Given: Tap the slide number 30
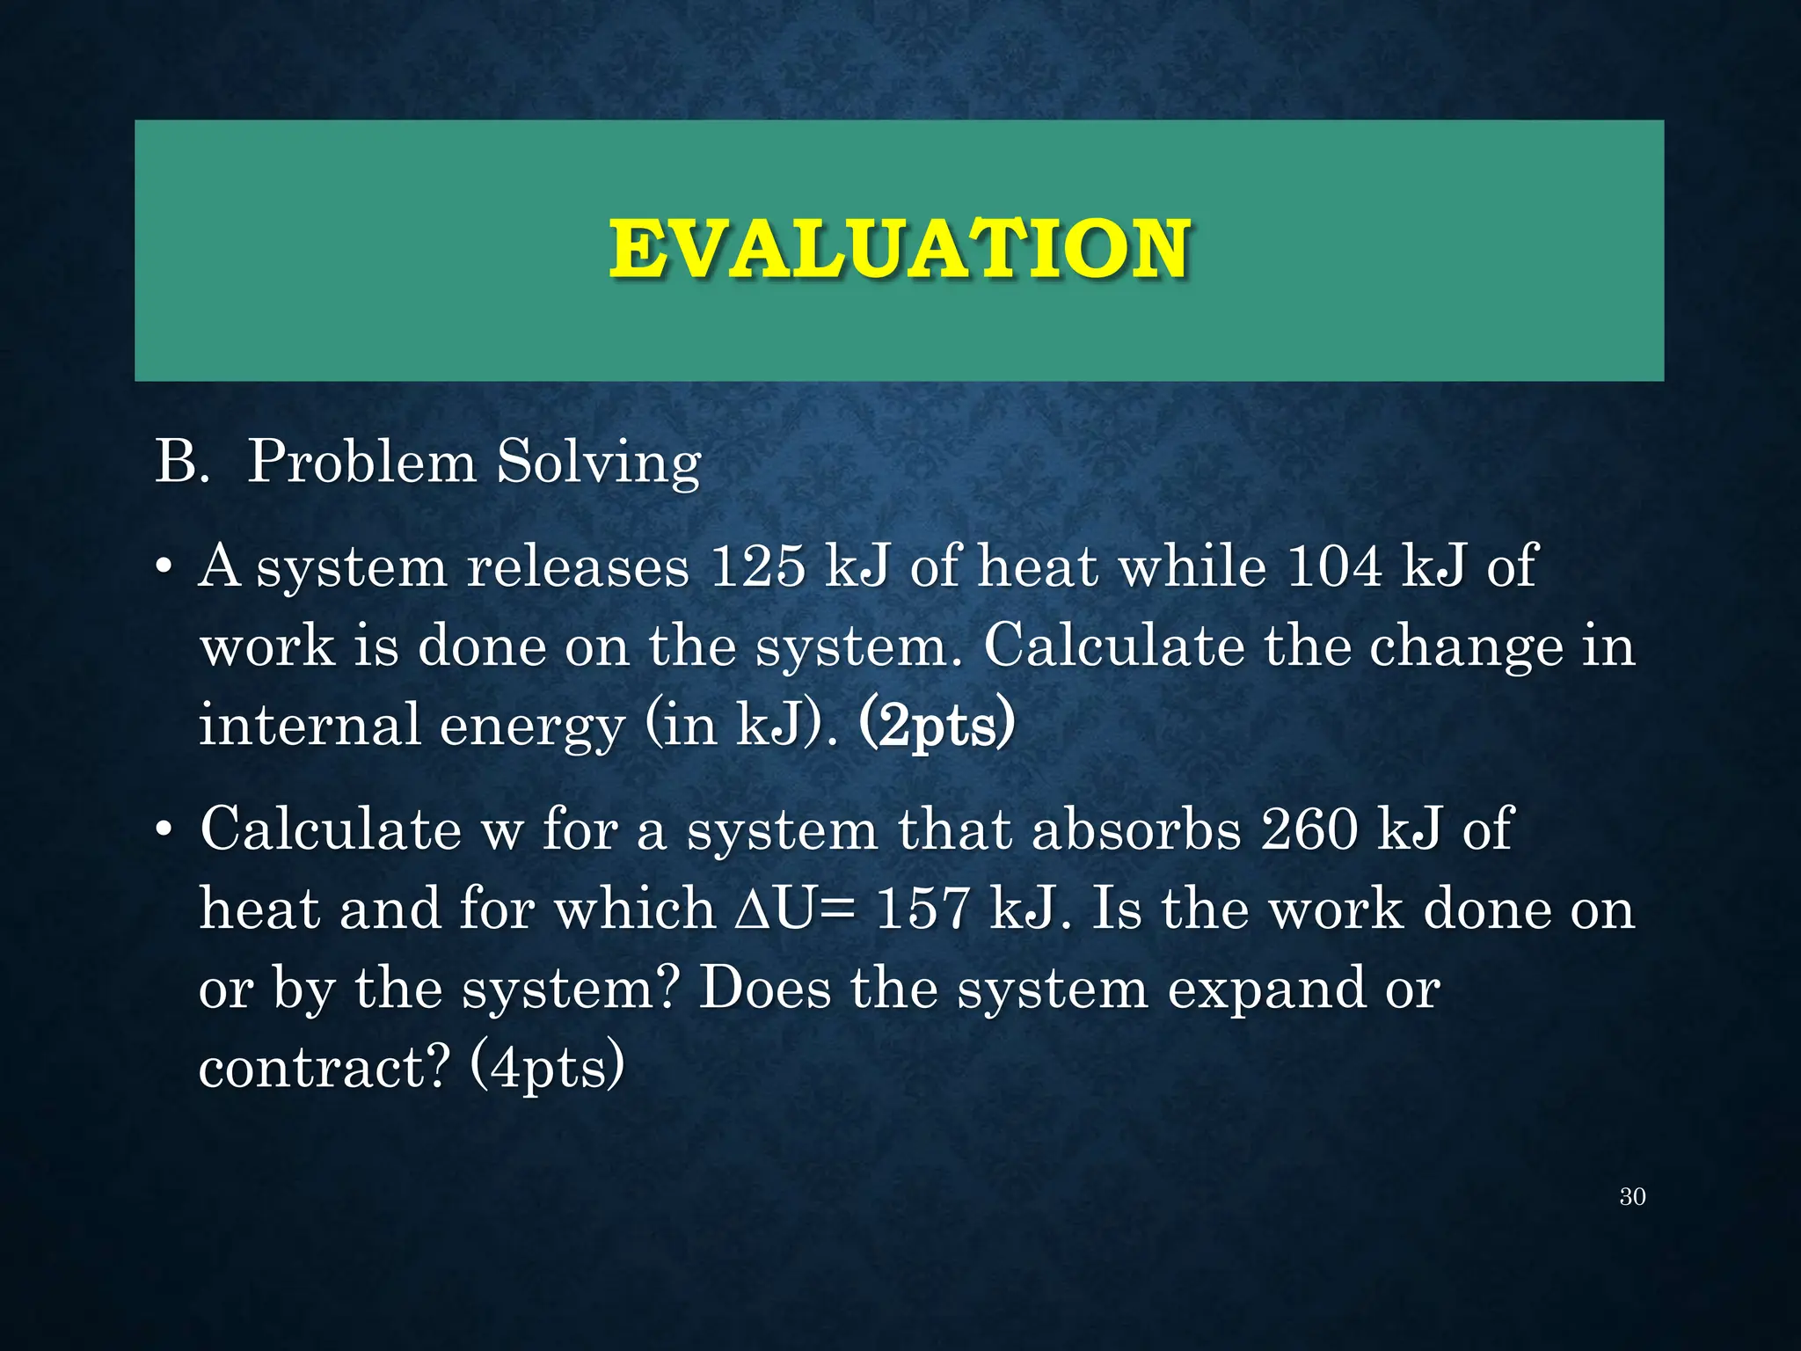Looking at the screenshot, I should click(1632, 1196).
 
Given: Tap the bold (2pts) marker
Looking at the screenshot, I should click(936, 727).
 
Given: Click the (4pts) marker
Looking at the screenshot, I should click(547, 1068).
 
